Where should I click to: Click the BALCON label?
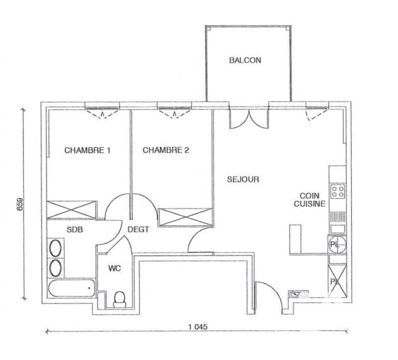pyautogui.click(x=245, y=60)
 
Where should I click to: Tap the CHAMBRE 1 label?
pyautogui.click(x=88, y=150)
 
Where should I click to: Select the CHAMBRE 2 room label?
pyautogui.click(x=166, y=150)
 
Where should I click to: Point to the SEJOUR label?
pyautogui.click(x=243, y=179)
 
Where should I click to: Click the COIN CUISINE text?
pyautogui.click(x=309, y=200)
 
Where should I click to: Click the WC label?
pyautogui.click(x=114, y=268)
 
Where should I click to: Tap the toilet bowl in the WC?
pyautogui.click(x=119, y=299)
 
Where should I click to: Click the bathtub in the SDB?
pyautogui.click(x=71, y=289)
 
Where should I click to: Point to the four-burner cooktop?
pyautogui.click(x=339, y=191)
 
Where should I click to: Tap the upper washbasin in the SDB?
pyautogui.click(x=56, y=248)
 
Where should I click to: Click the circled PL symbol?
pyautogui.click(x=335, y=244)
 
